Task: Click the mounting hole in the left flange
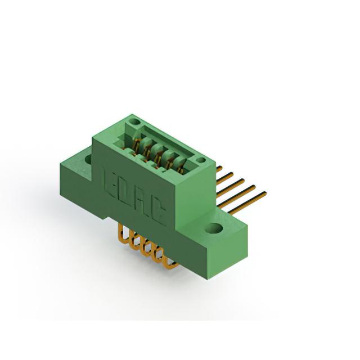coord(88,159)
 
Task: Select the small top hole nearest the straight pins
coord(201,160)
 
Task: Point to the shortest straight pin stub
coord(219,169)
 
